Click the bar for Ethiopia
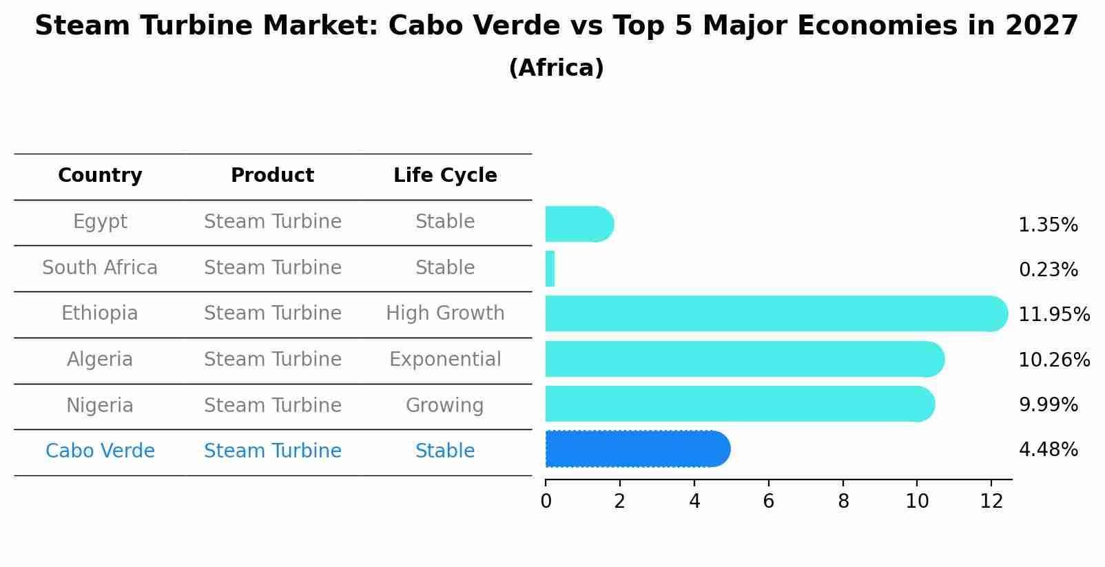(776, 314)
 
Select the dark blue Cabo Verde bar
(638, 449)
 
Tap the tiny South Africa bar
(550, 269)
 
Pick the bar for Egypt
(579, 224)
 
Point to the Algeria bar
(745, 359)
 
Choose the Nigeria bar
(740, 404)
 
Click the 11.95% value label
(1054, 314)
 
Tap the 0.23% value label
(1049, 269)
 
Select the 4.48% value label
(1049, 450)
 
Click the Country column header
(100, 175)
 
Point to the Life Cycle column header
(445, 175)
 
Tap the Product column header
(272, 175)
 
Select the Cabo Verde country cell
(100, 451)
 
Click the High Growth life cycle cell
(445, 313)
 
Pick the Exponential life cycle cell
(445, 359)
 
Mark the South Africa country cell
(100, 267)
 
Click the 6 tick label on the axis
(769, 501)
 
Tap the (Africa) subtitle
(557, 68)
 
